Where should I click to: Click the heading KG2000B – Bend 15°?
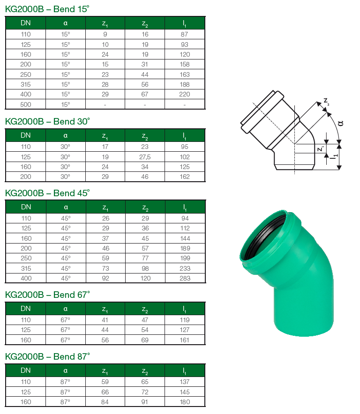click(47, 9)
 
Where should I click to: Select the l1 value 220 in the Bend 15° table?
click(185, 94)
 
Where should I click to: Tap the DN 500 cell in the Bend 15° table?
click(26, 104)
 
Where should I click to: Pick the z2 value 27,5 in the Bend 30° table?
click(145, 157)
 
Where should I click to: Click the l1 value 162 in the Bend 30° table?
click(185, 177)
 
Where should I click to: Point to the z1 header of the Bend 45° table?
click(105, 207)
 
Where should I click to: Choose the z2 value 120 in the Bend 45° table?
click(145, 278)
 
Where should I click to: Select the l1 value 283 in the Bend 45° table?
click(185, 278)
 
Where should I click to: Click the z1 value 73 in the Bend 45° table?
click(105, 268)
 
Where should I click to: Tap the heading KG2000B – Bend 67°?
click(47, 295)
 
